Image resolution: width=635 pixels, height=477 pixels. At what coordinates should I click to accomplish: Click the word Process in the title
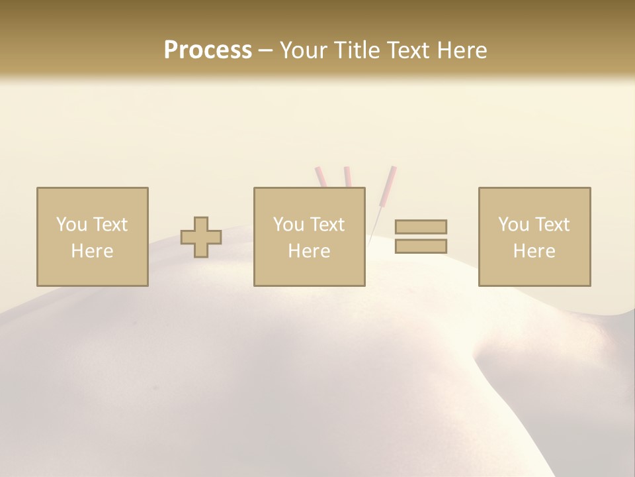coord(208,50)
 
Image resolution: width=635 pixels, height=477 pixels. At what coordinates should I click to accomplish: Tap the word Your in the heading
coord(302,50)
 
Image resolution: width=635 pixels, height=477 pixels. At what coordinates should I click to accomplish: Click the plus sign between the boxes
coord(201,237)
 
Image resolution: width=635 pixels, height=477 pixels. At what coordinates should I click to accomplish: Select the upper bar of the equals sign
coord(421,227)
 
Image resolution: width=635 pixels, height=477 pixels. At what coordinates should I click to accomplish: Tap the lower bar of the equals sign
coord(421,246)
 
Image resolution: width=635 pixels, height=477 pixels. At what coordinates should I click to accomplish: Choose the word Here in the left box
coord(92,251)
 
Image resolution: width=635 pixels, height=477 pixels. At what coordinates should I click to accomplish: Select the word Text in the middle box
coord(327,225)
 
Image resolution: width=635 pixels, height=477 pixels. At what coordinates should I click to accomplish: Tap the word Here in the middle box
coord(310,251)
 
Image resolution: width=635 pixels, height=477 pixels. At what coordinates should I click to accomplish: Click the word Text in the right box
coord(552,225)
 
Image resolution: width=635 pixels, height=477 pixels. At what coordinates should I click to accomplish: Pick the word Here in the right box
coord(534,251)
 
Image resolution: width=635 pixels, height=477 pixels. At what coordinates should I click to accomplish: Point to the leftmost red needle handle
coord(319,177)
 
